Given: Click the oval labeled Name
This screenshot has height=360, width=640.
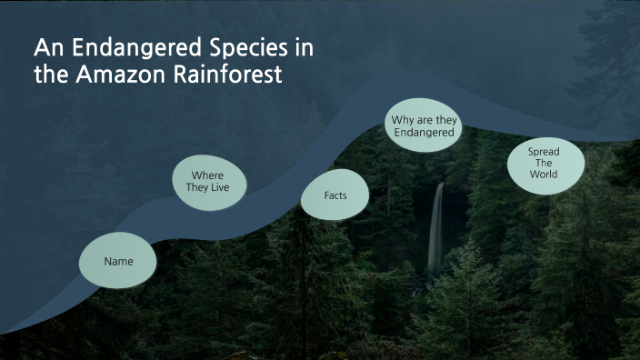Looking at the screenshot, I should [x=118, y=261].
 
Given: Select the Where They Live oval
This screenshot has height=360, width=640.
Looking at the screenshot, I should [x=209, y=181].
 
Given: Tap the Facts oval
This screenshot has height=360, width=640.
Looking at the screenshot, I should [x=335, y=195].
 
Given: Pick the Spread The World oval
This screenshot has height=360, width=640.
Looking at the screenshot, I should [x=544, y=163].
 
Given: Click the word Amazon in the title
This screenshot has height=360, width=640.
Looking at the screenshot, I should [x=116, y=75].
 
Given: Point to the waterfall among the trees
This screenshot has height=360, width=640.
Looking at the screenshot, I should [x=436, y=227].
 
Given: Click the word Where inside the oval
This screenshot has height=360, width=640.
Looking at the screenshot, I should [x=208, y=175].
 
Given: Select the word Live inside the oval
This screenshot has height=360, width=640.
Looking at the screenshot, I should [x=230, y=188].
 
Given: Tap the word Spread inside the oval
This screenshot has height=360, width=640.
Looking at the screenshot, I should [x=544, y=151].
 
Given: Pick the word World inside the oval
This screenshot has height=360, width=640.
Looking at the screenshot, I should [x=544, y=174].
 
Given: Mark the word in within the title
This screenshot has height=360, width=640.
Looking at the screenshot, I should [x=314, y=48].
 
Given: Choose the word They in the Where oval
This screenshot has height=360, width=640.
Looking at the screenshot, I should [x=200, y=188].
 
